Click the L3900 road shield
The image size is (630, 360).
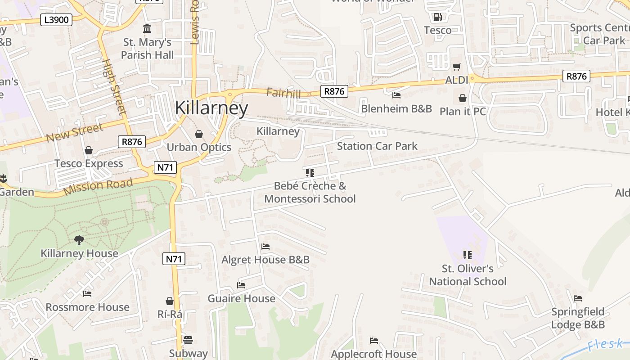[56, 19]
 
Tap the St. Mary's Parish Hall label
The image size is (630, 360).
[147, 49]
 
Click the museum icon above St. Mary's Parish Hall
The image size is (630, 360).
[147, 29]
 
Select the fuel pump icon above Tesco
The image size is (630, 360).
[437, 17]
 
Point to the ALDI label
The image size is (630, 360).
[457, 80]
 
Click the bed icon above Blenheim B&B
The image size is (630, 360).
[396, 95]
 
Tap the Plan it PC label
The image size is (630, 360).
[463, 111]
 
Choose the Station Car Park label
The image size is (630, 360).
[377, 146]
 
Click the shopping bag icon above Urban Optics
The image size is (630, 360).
[199, 134]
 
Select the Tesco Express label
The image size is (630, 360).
[89, 163]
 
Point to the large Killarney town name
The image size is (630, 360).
[211, 108]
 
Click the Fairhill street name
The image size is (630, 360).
[283, 93]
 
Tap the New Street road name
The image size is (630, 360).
[75, 133]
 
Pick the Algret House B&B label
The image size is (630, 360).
[265, 260]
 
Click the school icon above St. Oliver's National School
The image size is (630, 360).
[468, 255]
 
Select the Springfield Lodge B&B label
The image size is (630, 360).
[578, 318]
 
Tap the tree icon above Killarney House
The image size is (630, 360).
[79, 240]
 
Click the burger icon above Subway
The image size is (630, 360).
[188, 340]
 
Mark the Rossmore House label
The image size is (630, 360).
[87, 307]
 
